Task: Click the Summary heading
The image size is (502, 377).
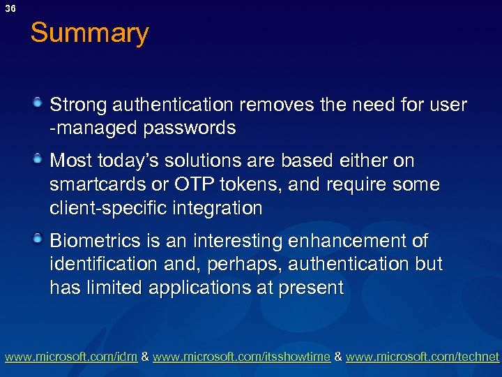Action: (89, 34)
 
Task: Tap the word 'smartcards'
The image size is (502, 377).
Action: (92, 185)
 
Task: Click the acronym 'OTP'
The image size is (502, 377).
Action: (189, 185)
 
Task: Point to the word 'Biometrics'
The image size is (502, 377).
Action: (96, 242)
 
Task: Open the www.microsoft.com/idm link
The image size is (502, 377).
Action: (71, 357)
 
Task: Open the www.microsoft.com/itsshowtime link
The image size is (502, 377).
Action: (241, 357)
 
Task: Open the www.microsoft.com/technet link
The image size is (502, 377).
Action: (423, 357)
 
